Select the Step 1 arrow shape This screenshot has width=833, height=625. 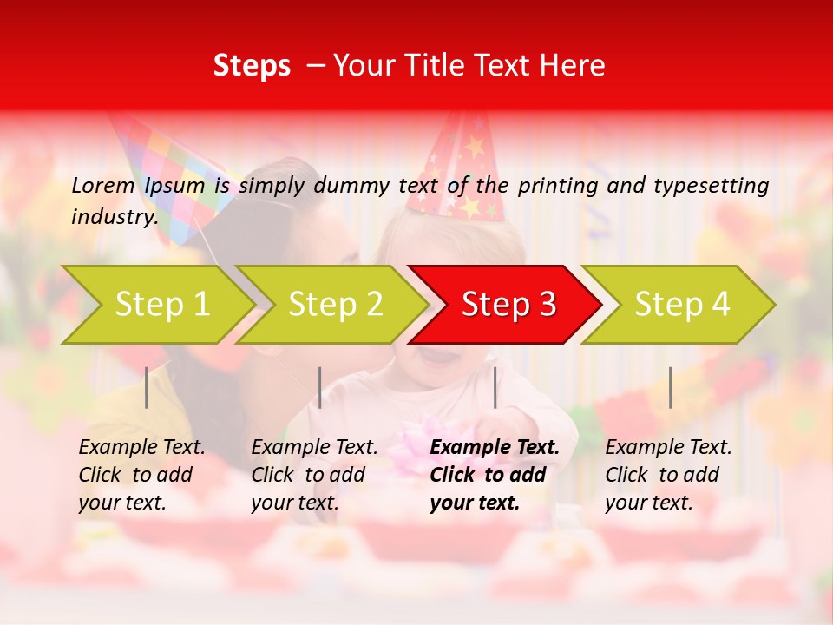[x=161, y=304]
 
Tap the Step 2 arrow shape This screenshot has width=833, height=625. [x=334, y=304]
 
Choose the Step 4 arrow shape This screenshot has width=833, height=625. [x=680, y=304]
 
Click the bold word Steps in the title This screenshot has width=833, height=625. [x=252, y=66]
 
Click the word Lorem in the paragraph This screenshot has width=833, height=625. [x=103, y=185]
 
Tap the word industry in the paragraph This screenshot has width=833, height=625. [x=114, y=217]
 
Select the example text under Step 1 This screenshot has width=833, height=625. [x=141, y=475]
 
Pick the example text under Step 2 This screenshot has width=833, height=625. [x=314, y=475]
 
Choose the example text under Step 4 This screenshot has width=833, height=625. [x=668, y=475]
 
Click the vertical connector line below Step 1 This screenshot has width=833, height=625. [x=147, y=387]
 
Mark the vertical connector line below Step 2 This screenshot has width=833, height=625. [x=320, y=387]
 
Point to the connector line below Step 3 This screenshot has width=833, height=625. [x=495, y=387]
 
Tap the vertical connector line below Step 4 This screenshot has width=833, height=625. [x=670, y=387]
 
